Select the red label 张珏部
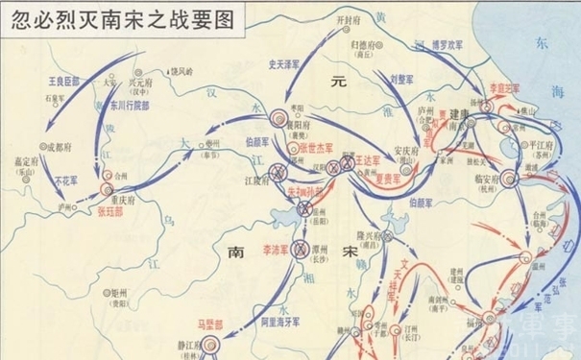pos(111,205)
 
